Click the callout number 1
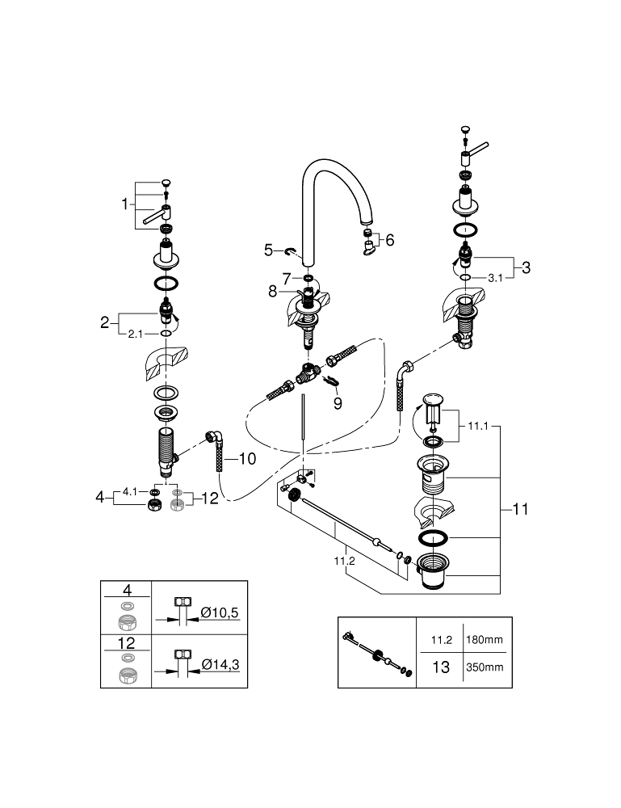[124, 204]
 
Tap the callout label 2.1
[136, 334]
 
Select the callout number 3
[526, 267]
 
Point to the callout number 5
[268, 250]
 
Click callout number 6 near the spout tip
[390, 240]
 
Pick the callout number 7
[287, 279]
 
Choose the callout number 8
[272, 292]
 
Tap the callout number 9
[338, 403]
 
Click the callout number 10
[248, 459]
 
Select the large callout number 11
[521, 509]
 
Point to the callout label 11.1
[478, 427]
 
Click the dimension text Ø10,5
[220, 612]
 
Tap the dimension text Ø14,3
[220, 665]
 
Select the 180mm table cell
[485, 639]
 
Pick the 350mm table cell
[485, 667]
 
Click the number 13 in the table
[441, 667]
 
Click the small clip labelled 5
[292, 251]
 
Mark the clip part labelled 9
[330, 381]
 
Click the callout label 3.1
[495, 278]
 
